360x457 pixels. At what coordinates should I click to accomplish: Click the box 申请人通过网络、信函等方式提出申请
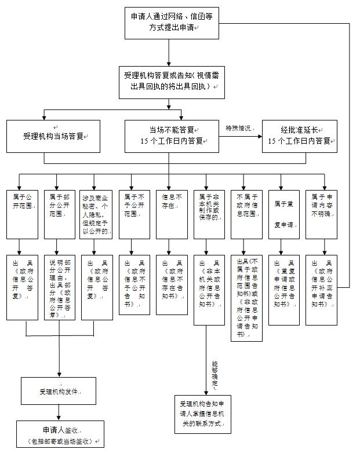click(168, 23)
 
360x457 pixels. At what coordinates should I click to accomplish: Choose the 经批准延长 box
click(299, 136)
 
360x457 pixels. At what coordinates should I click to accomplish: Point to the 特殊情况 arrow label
click(240, 129)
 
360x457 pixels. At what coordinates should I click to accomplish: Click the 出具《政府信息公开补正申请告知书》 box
click(321, 284)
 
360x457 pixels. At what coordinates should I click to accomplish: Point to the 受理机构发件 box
click(59, 391)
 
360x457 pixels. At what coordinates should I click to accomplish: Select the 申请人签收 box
click(59, 435)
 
